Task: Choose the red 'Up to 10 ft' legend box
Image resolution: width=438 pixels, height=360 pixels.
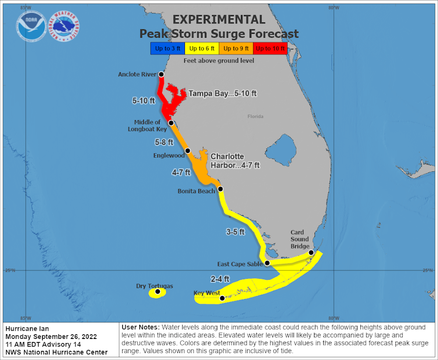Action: [270, 48]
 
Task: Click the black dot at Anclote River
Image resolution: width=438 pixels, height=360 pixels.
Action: [161, 75]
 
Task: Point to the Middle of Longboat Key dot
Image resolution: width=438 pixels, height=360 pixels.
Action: [171, 123]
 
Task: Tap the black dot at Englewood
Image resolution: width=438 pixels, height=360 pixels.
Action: [188, 151]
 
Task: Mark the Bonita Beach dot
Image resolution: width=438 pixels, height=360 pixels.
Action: [221, 189]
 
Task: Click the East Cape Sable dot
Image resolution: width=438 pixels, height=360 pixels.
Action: [267, 263]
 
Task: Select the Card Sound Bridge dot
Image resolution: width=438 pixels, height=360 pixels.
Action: [311, 253]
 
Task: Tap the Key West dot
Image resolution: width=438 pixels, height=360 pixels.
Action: [222, 298]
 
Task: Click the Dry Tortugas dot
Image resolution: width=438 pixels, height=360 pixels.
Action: [158, 291]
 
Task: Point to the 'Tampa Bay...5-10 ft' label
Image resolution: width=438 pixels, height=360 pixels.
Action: [222, 93]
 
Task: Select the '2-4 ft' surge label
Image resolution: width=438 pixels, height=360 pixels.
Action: [220, 278]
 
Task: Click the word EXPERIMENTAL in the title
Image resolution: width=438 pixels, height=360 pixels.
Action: [219, 20]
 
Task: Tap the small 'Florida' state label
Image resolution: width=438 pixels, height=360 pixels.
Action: [255, 116]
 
